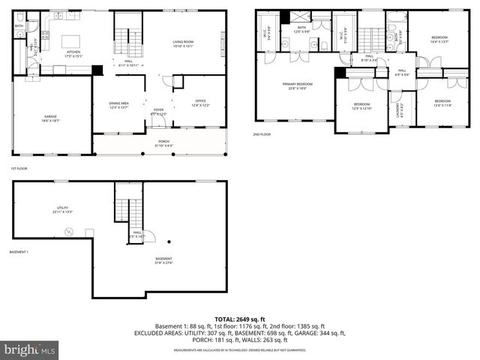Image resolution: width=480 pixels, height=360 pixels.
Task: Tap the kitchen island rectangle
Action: pyautogui.click(x=70, y=41)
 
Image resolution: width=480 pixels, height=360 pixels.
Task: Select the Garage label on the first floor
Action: pyautogui.click(x=51, y=118)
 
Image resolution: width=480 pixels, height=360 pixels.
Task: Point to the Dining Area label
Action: pyautogui.click(x=118, y=105)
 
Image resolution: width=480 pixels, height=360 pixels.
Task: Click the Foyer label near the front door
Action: pyautogui.click(x=158, y=112)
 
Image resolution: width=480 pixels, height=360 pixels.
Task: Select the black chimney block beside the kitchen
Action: pyautogui.click(x=97, y=70)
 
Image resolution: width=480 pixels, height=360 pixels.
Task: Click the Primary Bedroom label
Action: pyautogui.click(x=298, y=85)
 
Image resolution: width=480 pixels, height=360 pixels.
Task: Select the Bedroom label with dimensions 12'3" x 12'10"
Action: pyautogui.click(x=362, y=106)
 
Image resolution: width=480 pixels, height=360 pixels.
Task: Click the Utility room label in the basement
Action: pyautogui.click(x=62, y=209)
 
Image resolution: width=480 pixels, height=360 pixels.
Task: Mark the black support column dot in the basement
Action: pyautogui.click(x=169, y=241)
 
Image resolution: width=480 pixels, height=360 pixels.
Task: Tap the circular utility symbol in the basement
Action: pyautogui.click(x=68, y=232)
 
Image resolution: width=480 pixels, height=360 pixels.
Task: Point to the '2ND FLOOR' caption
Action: pyautogui.click(x=262, y=135)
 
